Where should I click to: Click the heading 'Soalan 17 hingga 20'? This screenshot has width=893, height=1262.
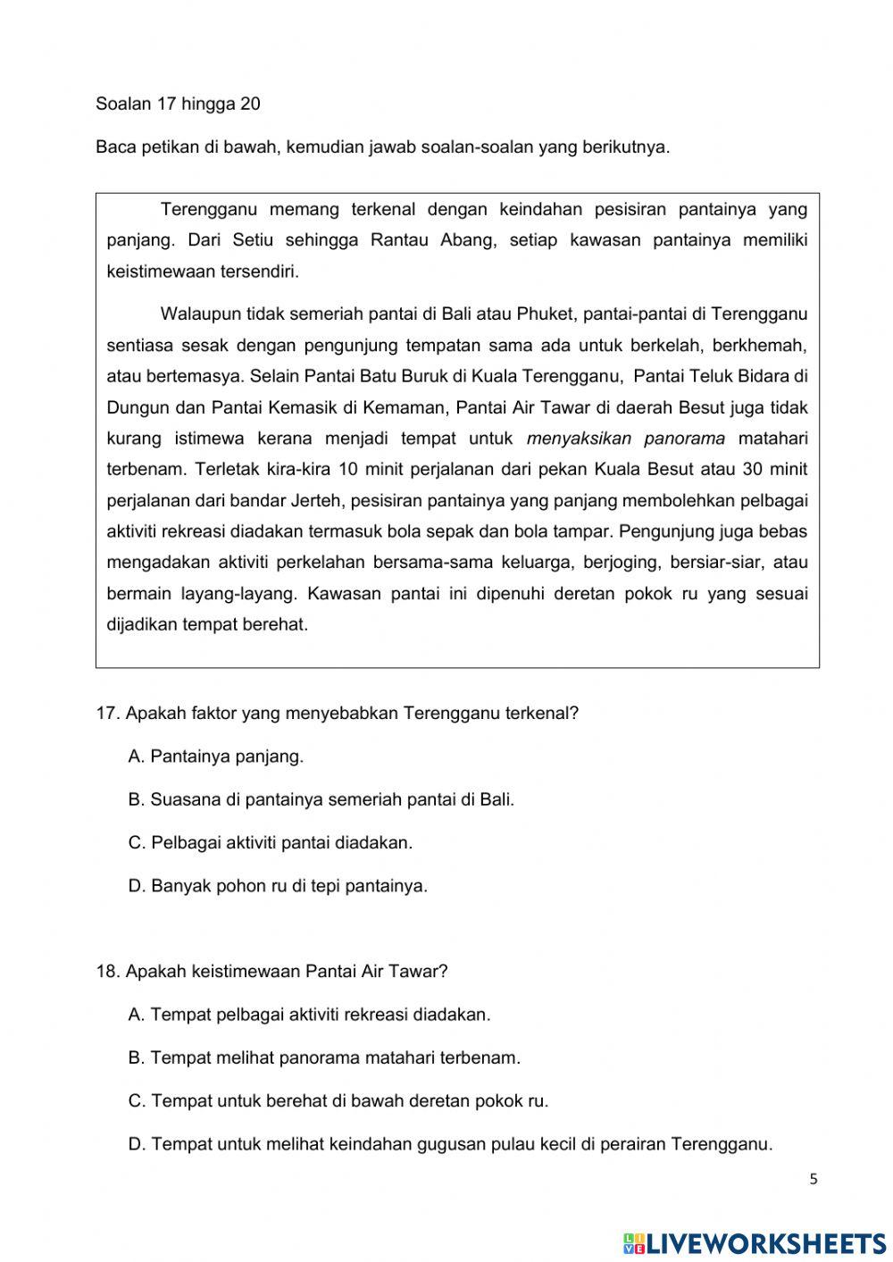[x=178, y=104]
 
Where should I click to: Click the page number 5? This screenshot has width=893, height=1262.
[x=813, y=1179]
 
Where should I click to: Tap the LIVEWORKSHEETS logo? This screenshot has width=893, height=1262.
[x=755, y=1242]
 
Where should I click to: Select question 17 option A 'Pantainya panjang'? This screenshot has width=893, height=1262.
[x=216, y=756]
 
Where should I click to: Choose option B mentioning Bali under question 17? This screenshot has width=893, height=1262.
[x=321, y=799]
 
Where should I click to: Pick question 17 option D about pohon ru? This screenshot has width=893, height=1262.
[x=279, y=886]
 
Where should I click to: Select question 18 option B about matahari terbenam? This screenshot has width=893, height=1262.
[x=324, y=1057]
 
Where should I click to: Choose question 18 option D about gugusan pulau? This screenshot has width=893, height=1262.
[x=450, y=1144]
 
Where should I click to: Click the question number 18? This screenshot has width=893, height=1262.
[x=107, y=971]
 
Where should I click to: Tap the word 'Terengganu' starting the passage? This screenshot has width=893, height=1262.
[x=208, y=210]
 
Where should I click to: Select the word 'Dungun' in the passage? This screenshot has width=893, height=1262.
[x=133, y=408]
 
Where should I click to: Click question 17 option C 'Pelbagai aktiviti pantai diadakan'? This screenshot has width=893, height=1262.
[x=271, y=842]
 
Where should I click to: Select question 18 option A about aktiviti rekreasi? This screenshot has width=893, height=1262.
[x=310, y=1015]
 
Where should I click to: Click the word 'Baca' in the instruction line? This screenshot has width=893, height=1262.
[x=113, y=147]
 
